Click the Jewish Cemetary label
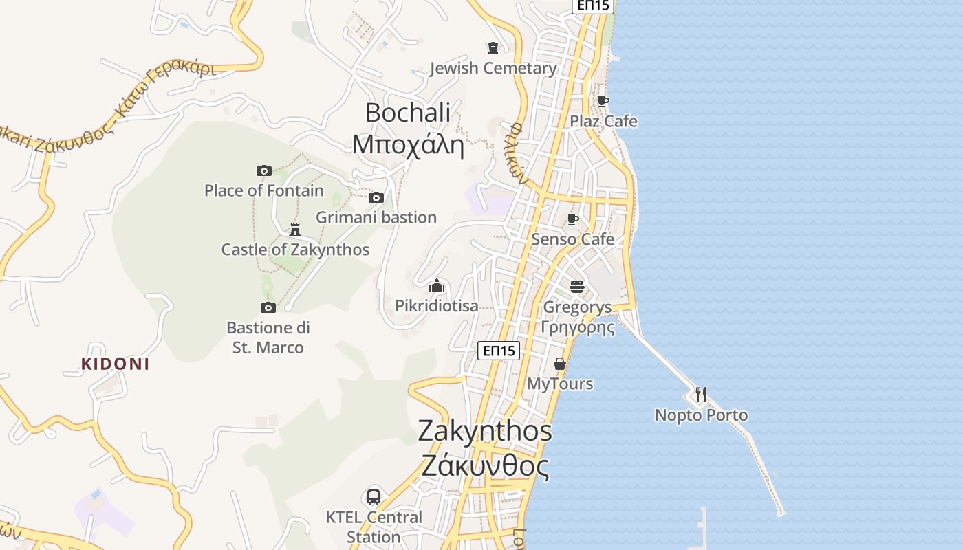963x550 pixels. click(493, 68)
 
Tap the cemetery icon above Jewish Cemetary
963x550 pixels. click(493, 48)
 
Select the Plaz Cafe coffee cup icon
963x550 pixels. click(603, 101)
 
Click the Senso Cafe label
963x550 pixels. click(572, 239)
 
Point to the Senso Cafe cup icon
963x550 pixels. click(572, 219)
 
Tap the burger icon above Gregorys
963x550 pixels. click(576, 287)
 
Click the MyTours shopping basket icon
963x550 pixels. click(560, 363)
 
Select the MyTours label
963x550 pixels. click(560, 384)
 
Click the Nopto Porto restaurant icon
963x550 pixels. click(701, 394)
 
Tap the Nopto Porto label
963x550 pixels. click(701, 415)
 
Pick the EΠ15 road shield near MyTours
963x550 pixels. click(499, 351)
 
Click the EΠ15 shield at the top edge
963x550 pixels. click(593, 5)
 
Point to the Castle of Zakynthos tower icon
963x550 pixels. click(295, 229)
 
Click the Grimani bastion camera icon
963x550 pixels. click(376, 197)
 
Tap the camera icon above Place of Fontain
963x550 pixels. click(264, 170)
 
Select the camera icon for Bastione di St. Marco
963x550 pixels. click(268, 307)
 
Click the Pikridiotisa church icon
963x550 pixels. click(437, 285)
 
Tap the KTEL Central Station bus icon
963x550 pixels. click(374, 496)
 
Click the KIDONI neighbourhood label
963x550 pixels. click(115, 364)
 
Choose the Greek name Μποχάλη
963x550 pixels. click(408, 145)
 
